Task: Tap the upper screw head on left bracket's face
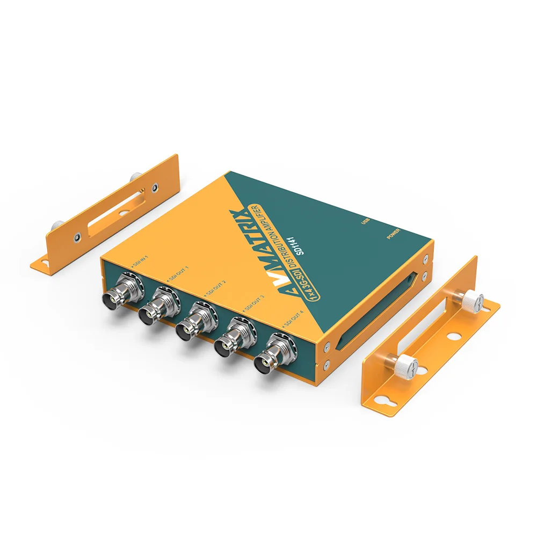155,187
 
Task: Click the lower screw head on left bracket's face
78,235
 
